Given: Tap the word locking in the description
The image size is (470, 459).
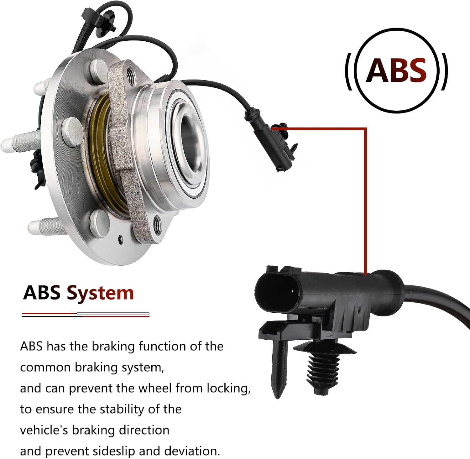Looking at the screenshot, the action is pyautogui.click(x=228, y=389).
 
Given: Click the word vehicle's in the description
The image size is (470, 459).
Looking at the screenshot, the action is pyautogui.click(x=44, y=430).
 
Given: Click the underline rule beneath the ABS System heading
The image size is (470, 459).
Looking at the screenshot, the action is pyautogui.click(x=86, y=315).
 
